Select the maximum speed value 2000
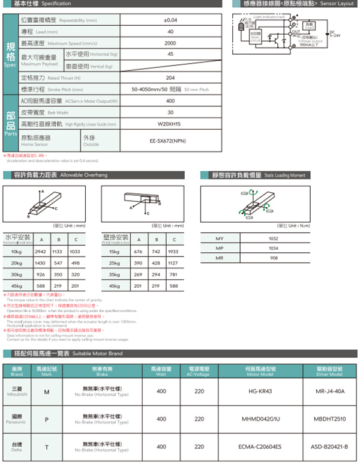coord(170,43)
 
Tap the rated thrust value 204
coord(170,78)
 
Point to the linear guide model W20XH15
coord(170,124)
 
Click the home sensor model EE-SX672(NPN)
coord(170,142)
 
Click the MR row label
coord(219,258)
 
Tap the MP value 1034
coord(274,249)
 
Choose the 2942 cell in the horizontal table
coord(41,252)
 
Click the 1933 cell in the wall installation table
coord(173,252)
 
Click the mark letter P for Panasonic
coord(47,419)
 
